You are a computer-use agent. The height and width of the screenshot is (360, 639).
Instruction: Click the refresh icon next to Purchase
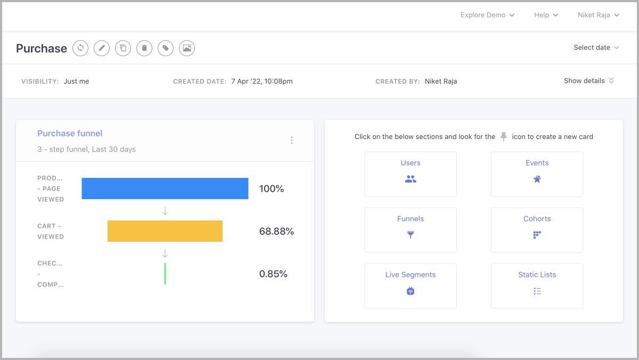[x=80, y=48]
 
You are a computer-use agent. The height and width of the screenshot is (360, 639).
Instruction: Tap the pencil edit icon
[x=102, y=48]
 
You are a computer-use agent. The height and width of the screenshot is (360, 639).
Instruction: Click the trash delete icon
[x=144, y=48]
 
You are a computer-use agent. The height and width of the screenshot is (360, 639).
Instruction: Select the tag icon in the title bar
[x=166, y=48]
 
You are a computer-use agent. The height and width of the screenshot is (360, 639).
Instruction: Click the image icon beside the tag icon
[x=187, y=48]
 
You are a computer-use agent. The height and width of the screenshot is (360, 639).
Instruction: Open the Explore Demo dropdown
[x=487, y=15]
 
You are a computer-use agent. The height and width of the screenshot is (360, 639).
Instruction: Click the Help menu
[x=546, y=15]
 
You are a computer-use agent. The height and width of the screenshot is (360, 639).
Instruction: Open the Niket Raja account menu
[x=598, y=15]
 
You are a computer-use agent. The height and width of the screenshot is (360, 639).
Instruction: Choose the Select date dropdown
[x=596, y=47]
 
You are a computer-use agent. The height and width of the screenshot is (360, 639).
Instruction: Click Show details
[x=588, y=81]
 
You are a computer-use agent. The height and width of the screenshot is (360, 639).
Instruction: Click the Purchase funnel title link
[x=70, y=134]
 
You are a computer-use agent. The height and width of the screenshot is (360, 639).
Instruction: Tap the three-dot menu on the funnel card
[x=292, y=140]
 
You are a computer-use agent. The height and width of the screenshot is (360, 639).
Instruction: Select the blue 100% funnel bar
[x=165, y=189]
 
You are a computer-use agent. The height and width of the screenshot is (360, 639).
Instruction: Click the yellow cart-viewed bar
[x=165, y=231]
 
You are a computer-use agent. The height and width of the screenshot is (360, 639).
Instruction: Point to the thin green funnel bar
[x=165, y=274]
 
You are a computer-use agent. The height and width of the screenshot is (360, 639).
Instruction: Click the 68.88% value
[x=276, y=231]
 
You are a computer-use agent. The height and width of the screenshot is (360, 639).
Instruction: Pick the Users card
[x=411, y=174]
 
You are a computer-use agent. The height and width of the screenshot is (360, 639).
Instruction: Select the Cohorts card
[x=537, y=230]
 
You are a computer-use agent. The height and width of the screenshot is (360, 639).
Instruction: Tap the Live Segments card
[x=411, y=285]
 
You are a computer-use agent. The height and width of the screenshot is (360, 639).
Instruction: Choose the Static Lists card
[x=537, y=285]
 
